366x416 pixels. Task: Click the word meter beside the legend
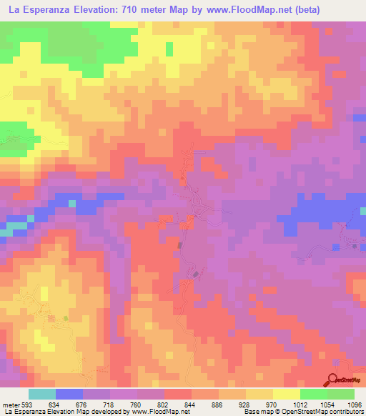[x=11, y=405]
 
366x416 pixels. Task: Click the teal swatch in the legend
[x=42, y=394]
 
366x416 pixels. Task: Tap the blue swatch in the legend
[x=69, y=394]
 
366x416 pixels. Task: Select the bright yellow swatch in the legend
[x=287, y=394]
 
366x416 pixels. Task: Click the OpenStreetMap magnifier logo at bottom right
[x=332, y=380]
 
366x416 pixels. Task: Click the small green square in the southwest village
[x=66, y=318]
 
